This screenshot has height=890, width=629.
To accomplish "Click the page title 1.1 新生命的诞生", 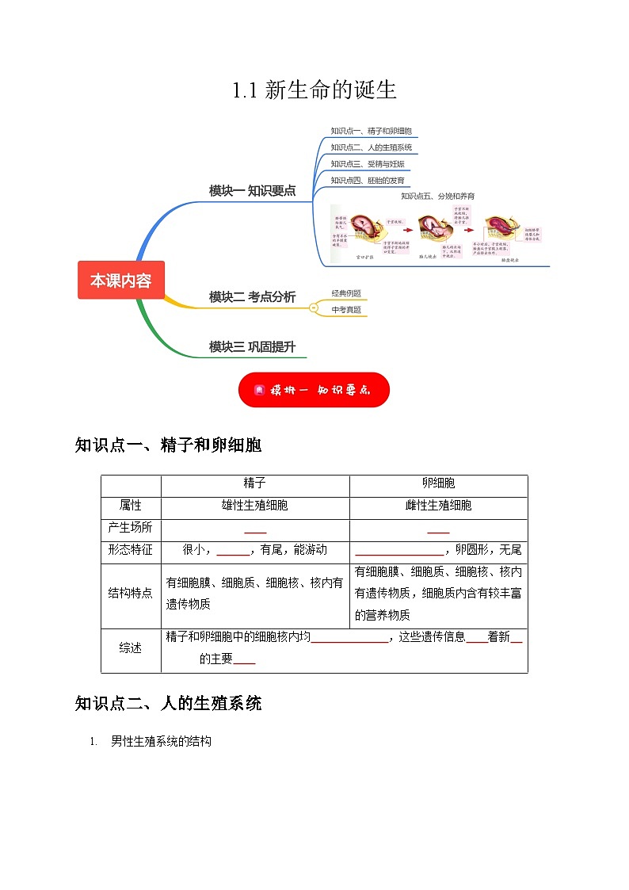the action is coord(314,90).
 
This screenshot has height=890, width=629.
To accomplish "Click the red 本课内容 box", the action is coord(120,281).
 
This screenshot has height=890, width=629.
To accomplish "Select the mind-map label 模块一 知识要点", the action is coord(252,190).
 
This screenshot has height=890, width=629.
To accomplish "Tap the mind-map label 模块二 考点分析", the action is coord(252,297).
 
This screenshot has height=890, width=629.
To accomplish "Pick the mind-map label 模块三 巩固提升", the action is coord(252,346).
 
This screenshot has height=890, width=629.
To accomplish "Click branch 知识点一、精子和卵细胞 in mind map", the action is coord(371,131).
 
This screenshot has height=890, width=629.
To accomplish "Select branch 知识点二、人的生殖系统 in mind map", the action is coord(371,147).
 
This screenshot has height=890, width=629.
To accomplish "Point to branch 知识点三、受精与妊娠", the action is coord(368,164).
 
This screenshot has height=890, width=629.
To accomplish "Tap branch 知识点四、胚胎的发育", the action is coord(368,181).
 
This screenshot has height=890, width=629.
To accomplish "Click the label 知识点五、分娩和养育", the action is coord(437,196).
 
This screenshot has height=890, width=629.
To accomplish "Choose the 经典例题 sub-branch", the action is coord(346,293).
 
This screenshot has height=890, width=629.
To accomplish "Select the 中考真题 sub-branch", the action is coord(346,310).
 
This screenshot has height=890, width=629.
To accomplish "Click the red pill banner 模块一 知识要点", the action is coord(314,390).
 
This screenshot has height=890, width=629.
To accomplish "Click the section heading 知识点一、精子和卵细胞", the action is coord(168,445).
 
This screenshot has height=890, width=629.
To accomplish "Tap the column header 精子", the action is coord(254,483).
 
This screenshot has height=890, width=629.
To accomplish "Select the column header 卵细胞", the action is coord(438,483).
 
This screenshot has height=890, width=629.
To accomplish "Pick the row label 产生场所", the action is coord(130,527).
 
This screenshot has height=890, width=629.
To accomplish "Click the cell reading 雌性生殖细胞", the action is coord(438,505).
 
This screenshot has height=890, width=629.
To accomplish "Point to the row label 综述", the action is coord(130,647).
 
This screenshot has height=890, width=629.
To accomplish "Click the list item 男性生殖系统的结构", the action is coord(162,742).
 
